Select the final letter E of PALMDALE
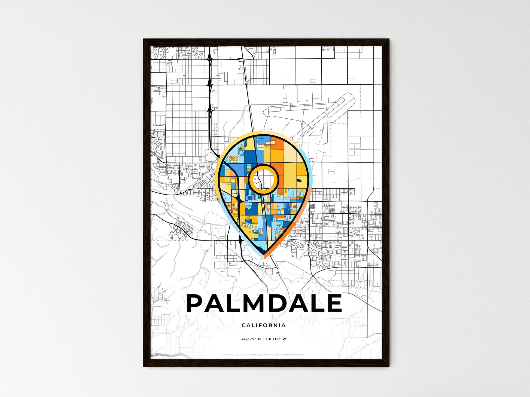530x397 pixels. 334,303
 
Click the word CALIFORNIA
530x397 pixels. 264,325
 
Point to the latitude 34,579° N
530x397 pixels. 251,339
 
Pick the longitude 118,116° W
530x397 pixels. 276,339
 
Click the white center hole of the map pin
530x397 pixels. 263,180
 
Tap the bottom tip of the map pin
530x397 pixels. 264,257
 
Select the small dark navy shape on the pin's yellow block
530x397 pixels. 299,180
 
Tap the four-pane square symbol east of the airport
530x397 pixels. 354,149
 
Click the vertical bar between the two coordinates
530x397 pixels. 263,339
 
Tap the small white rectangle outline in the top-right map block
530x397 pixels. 313,81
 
